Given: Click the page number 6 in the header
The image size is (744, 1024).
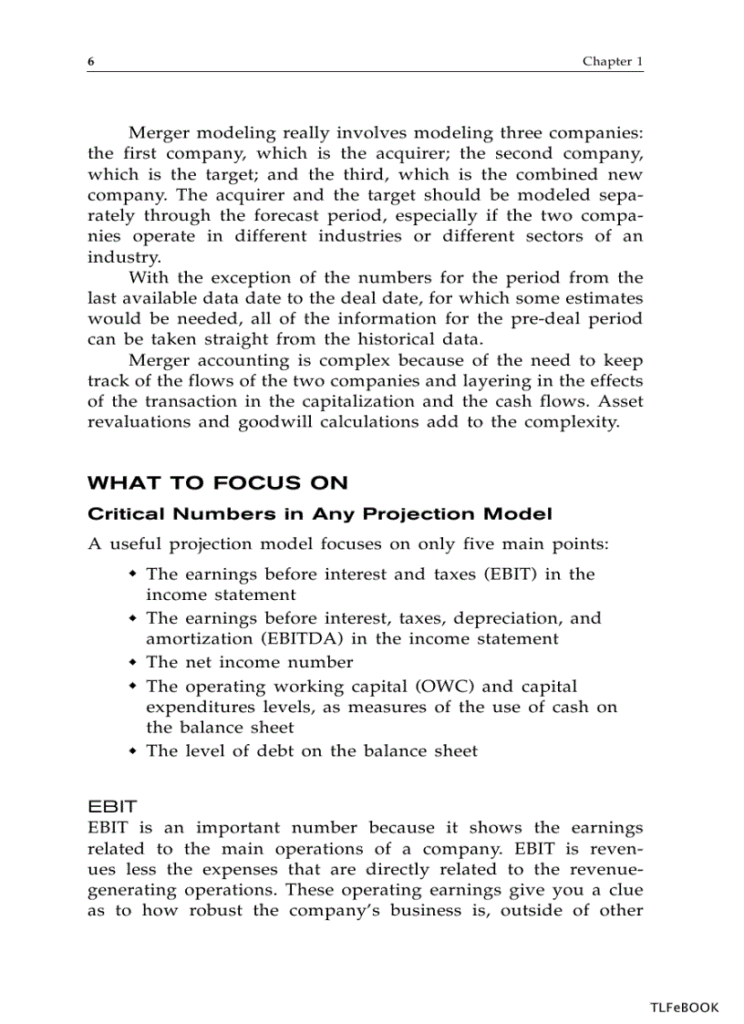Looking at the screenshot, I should pyautogui.click(x=91, y=62).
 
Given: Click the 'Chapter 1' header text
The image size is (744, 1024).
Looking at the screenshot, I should pyautogui.click(x=613, y=62).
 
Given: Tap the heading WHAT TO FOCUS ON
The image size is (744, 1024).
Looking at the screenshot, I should pyautogui.click(x=217, y=483).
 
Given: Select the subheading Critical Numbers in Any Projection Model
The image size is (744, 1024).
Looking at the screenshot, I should pyautogui.click(x=319, y=514).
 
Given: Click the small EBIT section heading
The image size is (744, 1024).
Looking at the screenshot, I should pyautogui.click(x=112, y=807).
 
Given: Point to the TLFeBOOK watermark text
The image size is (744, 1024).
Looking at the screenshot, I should pyautogui.click(x=684, y=1008).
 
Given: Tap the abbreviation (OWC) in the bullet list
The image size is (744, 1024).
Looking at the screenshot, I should pyautogui.click(x=449, y=687).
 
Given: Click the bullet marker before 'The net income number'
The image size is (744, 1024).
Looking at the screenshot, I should pyautogui.click(x=133, y=661).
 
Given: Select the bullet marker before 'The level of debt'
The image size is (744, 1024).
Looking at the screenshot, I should pyautogui.click(x=133, y=750).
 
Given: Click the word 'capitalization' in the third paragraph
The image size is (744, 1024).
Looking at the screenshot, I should pyautogui.click(x=346, y=402).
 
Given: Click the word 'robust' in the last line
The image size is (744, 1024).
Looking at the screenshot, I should pyautogui.click(x=219, y=910).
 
